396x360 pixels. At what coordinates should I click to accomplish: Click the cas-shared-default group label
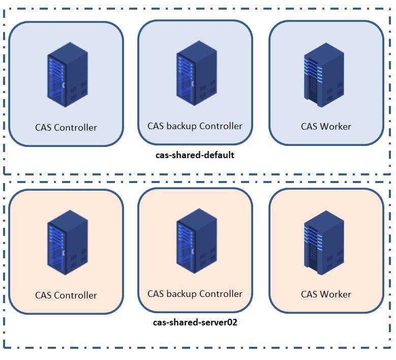[195, 155]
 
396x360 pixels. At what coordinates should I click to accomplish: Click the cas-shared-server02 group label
[195, 322]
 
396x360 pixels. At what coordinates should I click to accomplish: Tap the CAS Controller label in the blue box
[66, 127]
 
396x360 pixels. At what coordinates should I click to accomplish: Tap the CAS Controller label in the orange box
[66, 295]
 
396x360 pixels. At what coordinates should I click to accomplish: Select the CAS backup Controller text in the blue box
[195, 126]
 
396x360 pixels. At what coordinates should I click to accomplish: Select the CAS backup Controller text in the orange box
[195, 293]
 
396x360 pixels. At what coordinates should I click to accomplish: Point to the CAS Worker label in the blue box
[326, 126]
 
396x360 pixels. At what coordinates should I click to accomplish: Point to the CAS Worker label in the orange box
[326, 294]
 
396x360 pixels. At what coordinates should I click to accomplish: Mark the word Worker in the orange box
[336, 294]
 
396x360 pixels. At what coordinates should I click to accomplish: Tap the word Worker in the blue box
[336, 126]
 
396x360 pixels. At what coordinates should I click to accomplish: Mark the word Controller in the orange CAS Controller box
[76, 295]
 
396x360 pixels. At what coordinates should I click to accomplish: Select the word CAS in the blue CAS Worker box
[309, 126]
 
